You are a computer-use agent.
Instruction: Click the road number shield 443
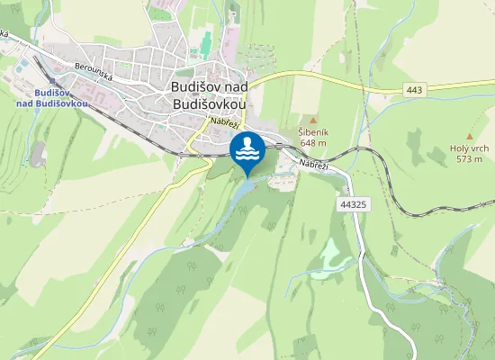tap(414, 90)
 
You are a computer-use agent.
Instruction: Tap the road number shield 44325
tap(355, 205)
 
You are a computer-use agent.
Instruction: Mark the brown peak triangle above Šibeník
tap(313, 120)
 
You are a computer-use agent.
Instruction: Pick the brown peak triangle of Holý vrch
tap(470, 135)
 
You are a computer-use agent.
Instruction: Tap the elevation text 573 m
tap(470, 158)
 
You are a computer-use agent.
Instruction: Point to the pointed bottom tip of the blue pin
tap(247, 176)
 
